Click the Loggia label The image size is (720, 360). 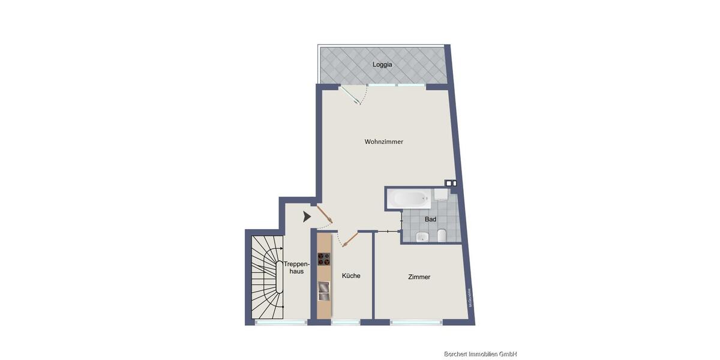pos(382,64)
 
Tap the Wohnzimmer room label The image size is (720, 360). pos(384,142)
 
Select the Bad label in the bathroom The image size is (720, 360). pos(430,220)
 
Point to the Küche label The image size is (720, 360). pos(351,276)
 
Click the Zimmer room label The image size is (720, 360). pos(419,277)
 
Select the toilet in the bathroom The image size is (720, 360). pos(441,236)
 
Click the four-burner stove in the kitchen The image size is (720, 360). pos(324,259)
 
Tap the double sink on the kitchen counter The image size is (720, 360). pos(324,291)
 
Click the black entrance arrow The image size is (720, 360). pos(307,217)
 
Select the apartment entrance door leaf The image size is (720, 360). pos(324,214)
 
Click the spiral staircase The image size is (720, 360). pos(266,277)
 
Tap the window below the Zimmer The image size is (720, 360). pos(416,323)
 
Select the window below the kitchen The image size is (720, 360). pos(346,323)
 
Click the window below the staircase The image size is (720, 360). pos(281,323)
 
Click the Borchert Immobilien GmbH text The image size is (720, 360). pos(479,354)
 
